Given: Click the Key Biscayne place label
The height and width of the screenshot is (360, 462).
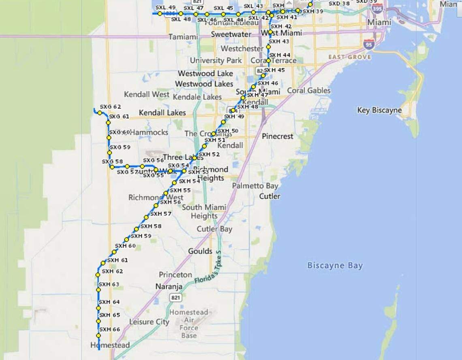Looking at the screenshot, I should (x=379, y=110).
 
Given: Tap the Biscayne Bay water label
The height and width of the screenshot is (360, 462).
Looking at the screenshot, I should (x=335, y=266).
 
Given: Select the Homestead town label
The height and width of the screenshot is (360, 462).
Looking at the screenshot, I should (x=110, y=345).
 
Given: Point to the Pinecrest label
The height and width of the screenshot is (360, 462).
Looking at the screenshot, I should (x=277, y=136).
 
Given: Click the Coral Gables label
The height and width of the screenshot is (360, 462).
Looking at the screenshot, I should (x=309, y=91).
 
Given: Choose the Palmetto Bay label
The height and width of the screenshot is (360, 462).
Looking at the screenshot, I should (x=255, y=186).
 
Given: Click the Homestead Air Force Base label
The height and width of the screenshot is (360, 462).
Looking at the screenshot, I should (x=189, y=324).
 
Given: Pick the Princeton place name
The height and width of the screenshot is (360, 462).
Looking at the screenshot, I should (x=175, y=275).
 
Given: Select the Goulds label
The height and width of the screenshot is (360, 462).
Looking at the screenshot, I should (x=200, y=251).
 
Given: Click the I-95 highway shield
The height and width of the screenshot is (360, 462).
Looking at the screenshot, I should (x=369, y=44).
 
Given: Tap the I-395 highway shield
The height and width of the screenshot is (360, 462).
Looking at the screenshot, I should (x=377, y=8).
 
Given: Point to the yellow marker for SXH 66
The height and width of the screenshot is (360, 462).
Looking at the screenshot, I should (x=98, y=336).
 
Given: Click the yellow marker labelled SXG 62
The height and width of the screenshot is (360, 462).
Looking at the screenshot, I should (x=100, y=113).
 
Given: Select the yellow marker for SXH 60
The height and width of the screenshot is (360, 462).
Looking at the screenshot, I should (x=114, y=252).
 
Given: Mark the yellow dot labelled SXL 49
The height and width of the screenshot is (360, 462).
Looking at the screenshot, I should (x=160, y=13).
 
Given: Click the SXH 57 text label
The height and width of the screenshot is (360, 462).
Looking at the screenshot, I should (x=161, y=214).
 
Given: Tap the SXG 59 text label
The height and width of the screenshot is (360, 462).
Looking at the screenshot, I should (x=120, y=147).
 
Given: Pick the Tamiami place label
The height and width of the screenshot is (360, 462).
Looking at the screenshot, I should (x=183, y=37).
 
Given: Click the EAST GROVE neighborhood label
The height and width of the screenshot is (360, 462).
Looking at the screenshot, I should (x=349, y=57).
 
